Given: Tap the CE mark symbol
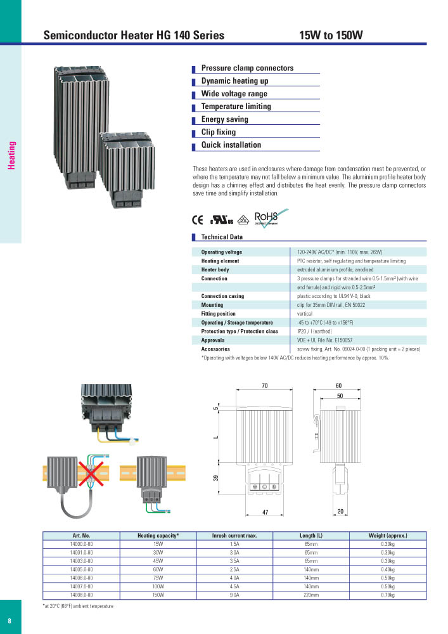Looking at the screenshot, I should (x=197, y=221).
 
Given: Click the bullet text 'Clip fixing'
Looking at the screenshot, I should (x=218, y=132).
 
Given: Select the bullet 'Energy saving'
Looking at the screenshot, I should (x=224, y=119).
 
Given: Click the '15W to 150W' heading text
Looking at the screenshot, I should (x=330, y=36).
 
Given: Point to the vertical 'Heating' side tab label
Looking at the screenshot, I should (x=11, y=155).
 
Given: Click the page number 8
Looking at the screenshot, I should (x=10, y=619).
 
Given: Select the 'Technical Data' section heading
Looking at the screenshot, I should (x=222, y=237).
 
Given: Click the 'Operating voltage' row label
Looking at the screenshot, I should (x=221, y=252).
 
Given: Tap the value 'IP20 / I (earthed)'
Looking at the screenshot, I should (x=314, y=332).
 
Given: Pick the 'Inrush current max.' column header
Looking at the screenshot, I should (x=234, y=536).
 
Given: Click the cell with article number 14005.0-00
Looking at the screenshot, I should (x=81, y=570).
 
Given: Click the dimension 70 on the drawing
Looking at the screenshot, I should (x=264, y=386).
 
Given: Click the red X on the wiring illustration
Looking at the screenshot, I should (x=91, y=474).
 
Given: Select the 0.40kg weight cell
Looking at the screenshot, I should (x=387, y=570).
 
